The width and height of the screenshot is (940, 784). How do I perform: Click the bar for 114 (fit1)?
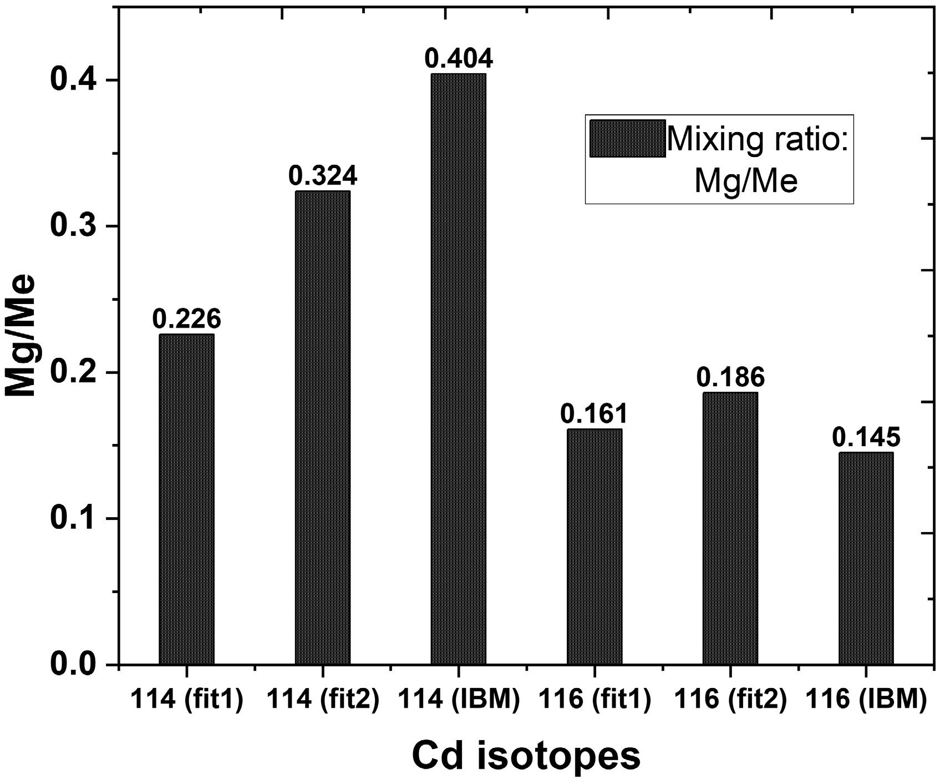(x=186, y=499)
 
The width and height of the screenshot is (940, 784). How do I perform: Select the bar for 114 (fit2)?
(x=322, y=427)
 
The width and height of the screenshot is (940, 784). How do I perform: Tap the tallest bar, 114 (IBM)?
(x=458, y=369)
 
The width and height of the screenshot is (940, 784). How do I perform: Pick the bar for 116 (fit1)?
(x=594, y=547)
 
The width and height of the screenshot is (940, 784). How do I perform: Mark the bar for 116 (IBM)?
(x=866, y=558)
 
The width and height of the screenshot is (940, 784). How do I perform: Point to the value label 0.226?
(x=186, y=320)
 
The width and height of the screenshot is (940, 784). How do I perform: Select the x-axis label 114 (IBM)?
(x=458, y=701)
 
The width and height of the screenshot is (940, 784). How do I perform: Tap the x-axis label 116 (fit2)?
(x=730, y=701)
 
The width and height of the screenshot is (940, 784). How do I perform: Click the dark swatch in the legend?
(x=627, y=139)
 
